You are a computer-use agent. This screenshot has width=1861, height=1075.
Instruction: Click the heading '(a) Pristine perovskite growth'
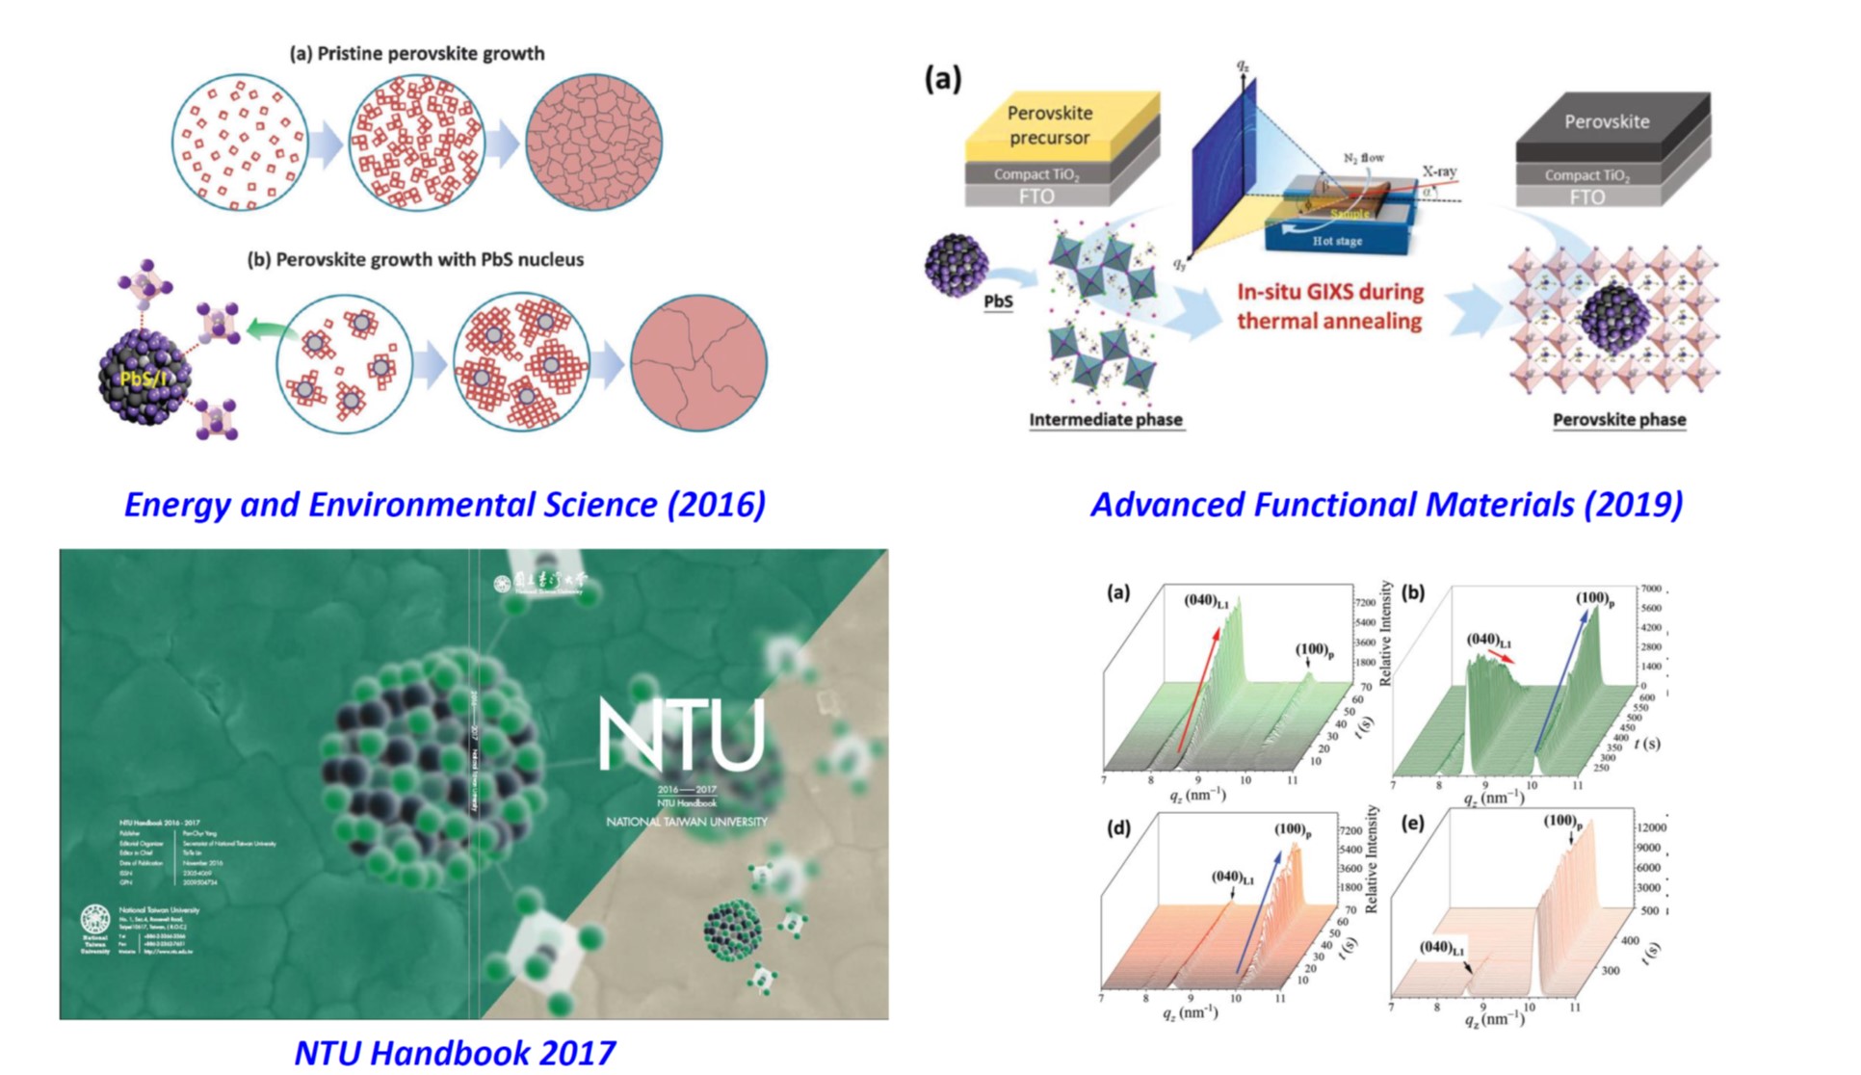(417, 54)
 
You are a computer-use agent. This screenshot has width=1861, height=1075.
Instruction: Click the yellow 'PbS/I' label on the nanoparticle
(143, 378)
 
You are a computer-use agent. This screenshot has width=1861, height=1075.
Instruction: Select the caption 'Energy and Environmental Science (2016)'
(445, 505)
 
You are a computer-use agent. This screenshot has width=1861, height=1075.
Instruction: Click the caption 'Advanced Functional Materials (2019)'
(1386, 505)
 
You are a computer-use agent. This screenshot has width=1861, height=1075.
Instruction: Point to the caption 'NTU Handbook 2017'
(455, 1053)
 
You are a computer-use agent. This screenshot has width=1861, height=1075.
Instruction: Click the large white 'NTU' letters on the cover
(682, 735)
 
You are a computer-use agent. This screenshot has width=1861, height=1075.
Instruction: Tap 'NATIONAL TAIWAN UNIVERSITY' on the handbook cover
(686, 822)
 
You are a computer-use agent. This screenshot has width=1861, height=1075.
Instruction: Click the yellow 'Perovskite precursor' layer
(1049, 125)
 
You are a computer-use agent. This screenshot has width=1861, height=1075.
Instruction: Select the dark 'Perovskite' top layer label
(1606, 122)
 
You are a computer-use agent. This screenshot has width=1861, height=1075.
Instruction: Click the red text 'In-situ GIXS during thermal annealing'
(1329, 305)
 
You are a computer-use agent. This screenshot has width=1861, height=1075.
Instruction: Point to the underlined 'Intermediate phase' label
(1105, 420)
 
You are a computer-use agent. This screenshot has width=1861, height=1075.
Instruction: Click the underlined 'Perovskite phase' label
(1618, 420)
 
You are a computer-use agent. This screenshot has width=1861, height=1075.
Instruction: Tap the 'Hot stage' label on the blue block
(1337, 241)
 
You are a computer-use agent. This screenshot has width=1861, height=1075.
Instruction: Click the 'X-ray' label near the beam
(1439, 171)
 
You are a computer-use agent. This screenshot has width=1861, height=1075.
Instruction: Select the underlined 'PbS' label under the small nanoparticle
(998, 302)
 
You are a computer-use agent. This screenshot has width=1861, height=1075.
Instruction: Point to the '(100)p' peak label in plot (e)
(1562, 822)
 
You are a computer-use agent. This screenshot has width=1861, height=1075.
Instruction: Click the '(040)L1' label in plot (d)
(1232, 878)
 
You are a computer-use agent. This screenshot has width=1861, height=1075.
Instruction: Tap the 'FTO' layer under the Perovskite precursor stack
(1035, 197)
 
